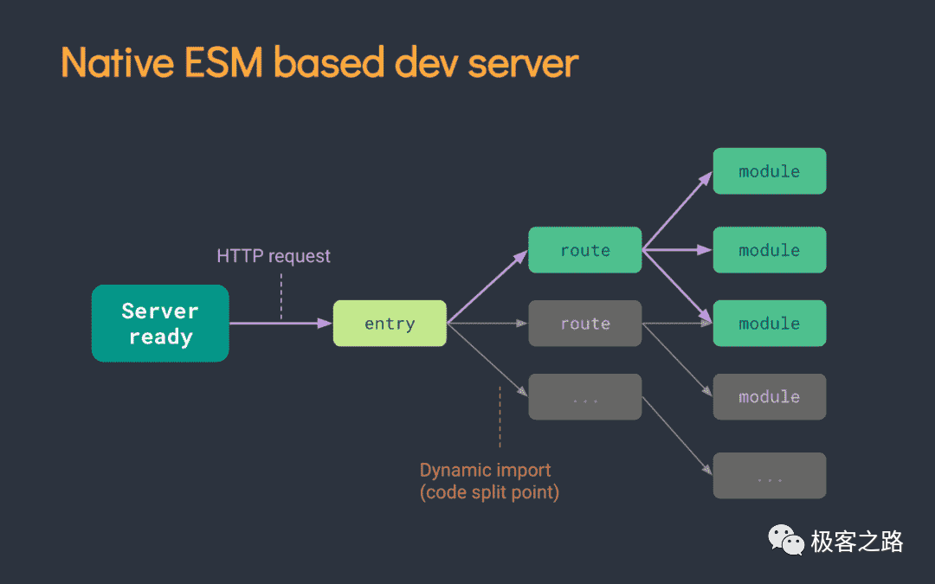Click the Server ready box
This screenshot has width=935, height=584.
(160, 323)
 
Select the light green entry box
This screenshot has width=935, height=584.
(390, 323)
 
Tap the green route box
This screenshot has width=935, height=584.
(585, 250)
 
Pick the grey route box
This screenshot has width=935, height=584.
(585, 323)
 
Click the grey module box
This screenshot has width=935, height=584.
(770, 396)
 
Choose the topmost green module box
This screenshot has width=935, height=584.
(770, 171)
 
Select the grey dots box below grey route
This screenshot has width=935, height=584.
(585, 396)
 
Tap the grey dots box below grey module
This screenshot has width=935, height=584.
(770, 476)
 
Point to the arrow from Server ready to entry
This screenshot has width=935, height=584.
(280, 323)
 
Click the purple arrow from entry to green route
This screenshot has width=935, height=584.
(487, 286)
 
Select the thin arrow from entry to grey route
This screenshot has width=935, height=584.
(487, 323)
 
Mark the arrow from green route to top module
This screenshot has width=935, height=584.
(677, 210)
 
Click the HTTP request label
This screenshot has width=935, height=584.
(273, 255)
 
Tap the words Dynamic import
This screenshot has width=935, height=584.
(486, 470)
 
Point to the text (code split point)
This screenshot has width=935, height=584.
(489, 492)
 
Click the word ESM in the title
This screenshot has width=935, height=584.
(223, 62)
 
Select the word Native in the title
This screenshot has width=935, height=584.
(118, 62)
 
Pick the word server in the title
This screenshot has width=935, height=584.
(523, 64)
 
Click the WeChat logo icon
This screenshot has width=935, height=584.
(786, 540)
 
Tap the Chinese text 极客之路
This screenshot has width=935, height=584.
(857, 542)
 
